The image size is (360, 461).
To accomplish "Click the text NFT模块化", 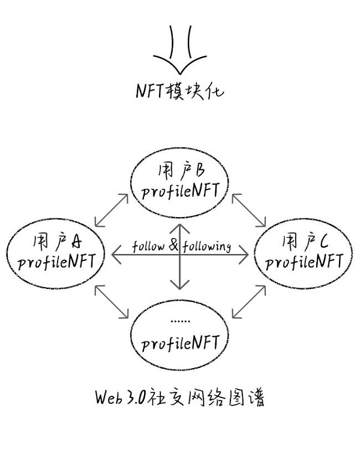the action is point(180,91).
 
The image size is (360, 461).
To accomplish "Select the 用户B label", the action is point(181,171).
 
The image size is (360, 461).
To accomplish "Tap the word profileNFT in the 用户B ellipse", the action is point(181,191).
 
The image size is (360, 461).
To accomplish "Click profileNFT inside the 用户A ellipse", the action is point(56,261).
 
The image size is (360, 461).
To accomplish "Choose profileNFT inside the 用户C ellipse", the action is point(304,261).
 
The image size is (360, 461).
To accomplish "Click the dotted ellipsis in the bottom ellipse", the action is point(180,321).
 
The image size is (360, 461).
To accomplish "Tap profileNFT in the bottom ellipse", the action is point(181,343).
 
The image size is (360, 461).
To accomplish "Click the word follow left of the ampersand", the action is point(148,246).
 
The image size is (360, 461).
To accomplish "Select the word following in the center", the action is point(206,246).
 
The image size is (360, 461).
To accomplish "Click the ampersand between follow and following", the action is point(173,245).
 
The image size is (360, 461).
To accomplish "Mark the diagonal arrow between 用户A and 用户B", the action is point(112,210).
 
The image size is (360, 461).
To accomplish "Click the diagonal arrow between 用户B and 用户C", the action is point(249,210).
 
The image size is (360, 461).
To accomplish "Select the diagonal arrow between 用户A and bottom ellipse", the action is point(112,302).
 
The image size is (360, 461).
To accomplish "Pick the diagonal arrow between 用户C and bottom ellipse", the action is point(249,302).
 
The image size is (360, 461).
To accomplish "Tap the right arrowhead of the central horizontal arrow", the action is point(244,255).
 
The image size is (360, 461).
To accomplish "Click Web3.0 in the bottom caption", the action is point(120,397).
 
